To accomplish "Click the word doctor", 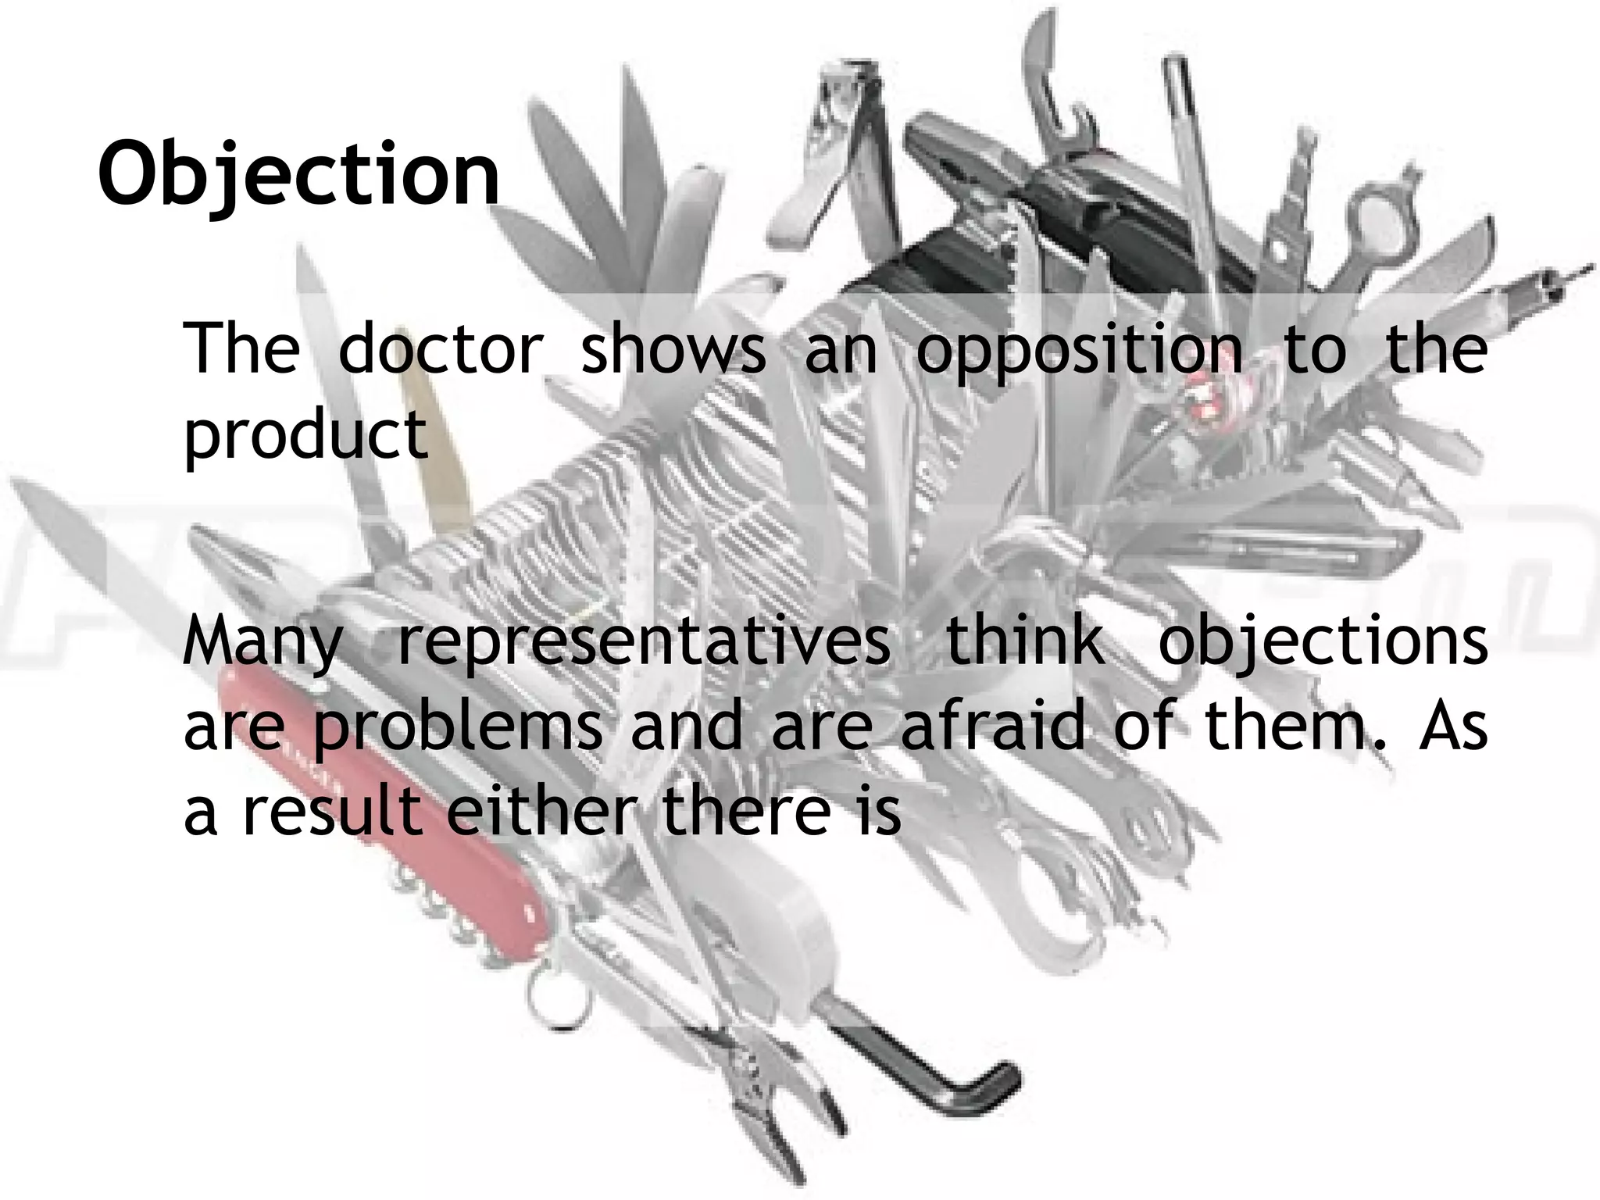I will [441, 348].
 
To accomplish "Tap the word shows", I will [673, 348].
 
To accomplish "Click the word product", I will [305, 436].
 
